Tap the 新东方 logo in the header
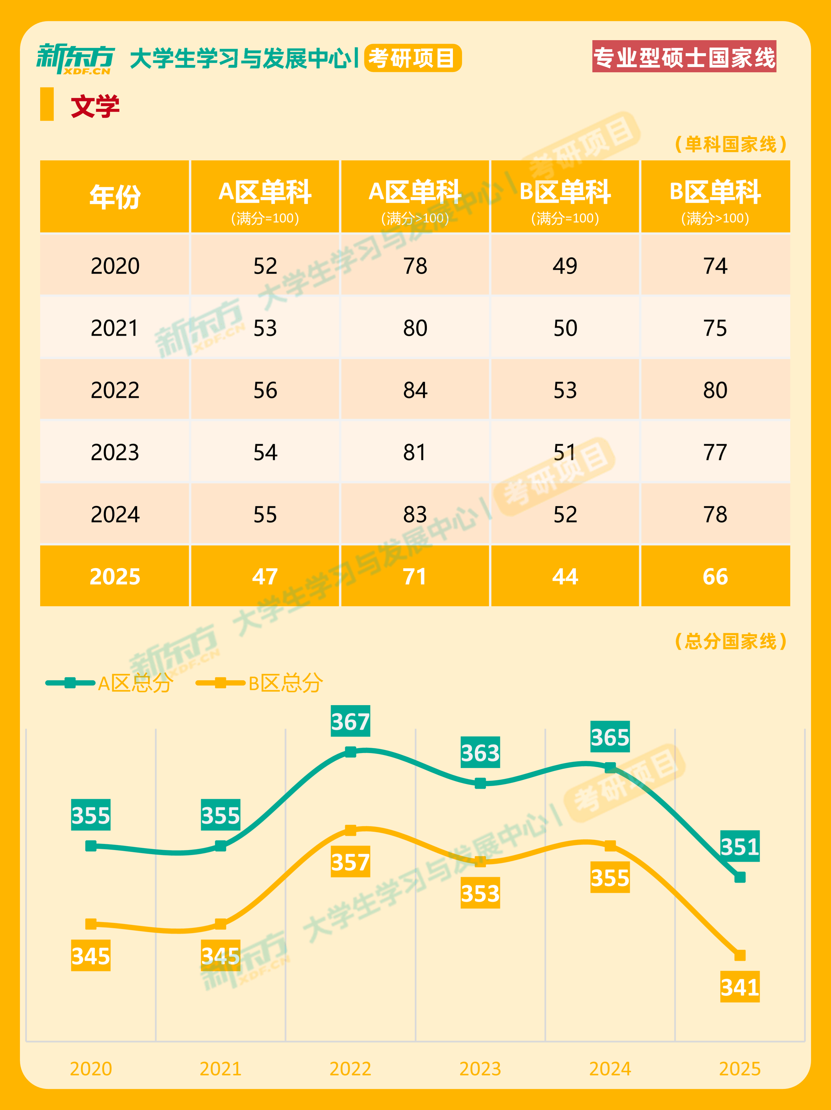point(75,59)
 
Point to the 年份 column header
point(115,197)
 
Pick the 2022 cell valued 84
point(415,390)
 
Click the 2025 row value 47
point(265,577)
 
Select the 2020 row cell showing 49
point(565,266)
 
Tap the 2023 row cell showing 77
point(715,452)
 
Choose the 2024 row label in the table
point(115,514)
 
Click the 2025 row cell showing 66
point(715,577)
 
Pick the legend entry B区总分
point(260,683)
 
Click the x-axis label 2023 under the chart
point(480,1069)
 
